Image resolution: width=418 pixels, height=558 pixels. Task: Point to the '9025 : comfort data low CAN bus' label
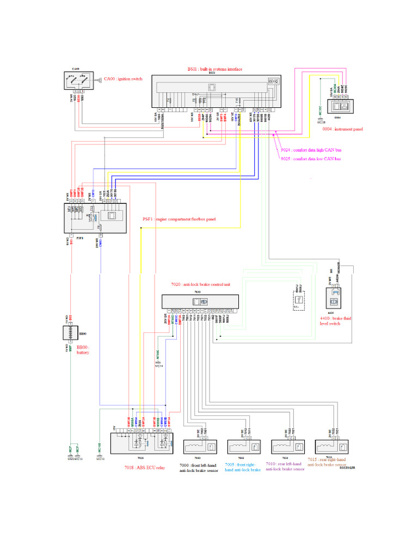(x=311, y=159)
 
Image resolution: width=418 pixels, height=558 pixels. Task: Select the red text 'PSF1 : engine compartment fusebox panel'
(x=179, y=219)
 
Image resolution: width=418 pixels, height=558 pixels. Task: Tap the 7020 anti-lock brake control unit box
(x=200, y=302)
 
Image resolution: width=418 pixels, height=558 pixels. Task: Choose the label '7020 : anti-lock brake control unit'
(x=201, y=285)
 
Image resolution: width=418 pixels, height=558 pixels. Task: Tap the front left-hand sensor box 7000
(x=200, y=445)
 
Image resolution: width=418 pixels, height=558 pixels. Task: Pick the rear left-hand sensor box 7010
(x=287, y=445)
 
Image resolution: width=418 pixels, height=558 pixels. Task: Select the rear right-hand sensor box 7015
(x=330, y=445)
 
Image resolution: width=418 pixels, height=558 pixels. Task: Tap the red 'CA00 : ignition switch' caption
(x=123, y=79)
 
